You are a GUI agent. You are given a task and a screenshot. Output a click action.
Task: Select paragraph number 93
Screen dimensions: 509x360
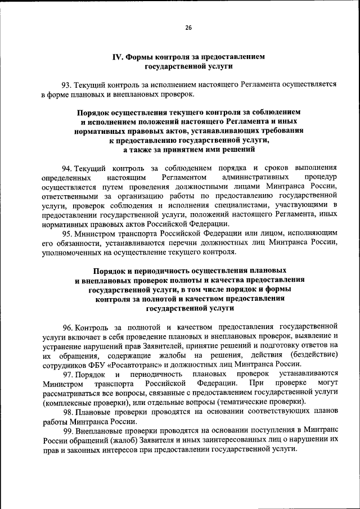click(x=67, y=85)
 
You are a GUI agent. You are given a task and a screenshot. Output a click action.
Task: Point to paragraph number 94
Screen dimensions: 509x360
click(x=67, y=168)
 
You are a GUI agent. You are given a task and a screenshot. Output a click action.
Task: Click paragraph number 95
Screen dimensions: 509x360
click(x=67, y=233)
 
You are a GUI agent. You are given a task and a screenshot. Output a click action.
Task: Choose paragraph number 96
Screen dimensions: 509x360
click(x=67, y=326)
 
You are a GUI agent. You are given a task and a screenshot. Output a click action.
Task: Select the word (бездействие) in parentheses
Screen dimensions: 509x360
click(x=313, y=354)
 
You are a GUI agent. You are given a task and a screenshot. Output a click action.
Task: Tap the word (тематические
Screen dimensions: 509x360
click(x=238, y=402)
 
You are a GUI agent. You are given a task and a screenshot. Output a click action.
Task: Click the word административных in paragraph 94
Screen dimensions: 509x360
click(x=254, y=178)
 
